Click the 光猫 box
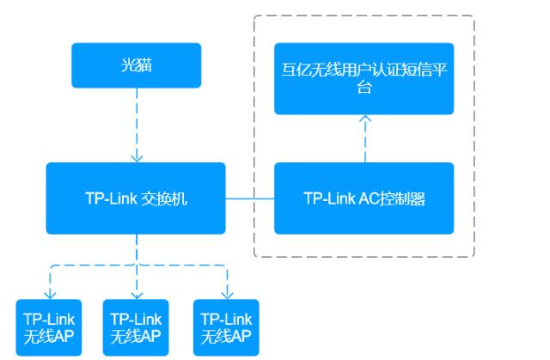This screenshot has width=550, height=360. (137, 65)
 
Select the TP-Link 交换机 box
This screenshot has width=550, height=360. (137, 198)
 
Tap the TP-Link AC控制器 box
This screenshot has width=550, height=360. (365, 198)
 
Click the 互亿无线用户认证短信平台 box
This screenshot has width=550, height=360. (365, 78)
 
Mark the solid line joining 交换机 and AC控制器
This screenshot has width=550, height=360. (250, 198)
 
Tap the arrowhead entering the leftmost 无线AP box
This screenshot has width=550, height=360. (50, 294)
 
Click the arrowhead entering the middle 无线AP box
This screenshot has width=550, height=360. (137, 294)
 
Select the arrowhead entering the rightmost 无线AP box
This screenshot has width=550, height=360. (227, 294)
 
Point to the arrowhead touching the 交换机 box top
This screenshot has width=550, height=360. (137, 158)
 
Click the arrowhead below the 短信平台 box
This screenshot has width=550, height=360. (365, 120)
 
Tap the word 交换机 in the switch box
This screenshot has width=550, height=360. (164, 198)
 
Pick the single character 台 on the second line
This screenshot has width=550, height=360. (365, 88)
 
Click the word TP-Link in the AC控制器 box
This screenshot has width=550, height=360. (331, 198)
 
